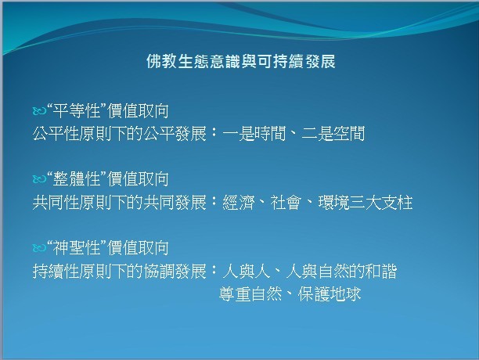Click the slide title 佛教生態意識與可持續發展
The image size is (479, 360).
click(x=241, y=61)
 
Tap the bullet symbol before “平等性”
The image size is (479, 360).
click(x=39, y=111)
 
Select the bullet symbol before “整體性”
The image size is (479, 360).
click(x=39, y=179)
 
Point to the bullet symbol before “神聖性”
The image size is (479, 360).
click(x=39, y=247)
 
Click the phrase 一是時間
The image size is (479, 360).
click(x=254, y=134)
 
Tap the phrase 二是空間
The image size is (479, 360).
click(x=333, y=134)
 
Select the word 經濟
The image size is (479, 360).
click(x=239, y=203)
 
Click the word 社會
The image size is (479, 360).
click(x=286, y=203)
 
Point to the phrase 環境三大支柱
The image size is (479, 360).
click(x=366, y=203)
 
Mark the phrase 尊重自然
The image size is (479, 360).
click(x=250, y=294)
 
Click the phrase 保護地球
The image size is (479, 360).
click(x=330, y=294)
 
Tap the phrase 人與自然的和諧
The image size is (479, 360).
click(x=341, y=271)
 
